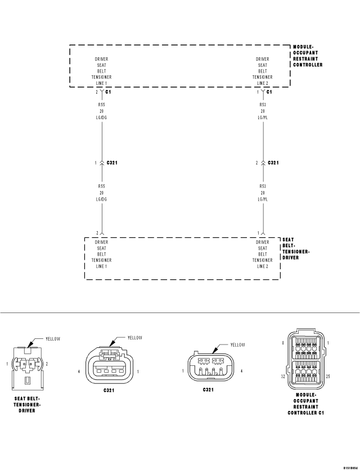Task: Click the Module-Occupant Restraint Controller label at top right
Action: click(x=308, y=56)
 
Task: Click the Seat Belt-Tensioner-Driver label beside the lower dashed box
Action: click(x=295, y=248)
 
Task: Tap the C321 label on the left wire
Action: click(x=112, y=162)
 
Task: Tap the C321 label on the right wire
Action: click(x=273, y=162)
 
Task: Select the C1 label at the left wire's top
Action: click(x=108, y=92)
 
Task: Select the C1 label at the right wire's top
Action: click(x=269, y=92)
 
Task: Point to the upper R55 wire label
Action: click(x=101, y=104)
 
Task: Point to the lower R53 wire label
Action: click(x=262, y=185)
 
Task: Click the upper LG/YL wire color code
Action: click(x=262, y=117)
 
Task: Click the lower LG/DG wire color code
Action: click(x=101, y=199)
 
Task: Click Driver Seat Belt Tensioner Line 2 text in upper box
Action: click(x=262, y=71)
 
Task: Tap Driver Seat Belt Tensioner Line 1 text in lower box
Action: click(x=101, y=254)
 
